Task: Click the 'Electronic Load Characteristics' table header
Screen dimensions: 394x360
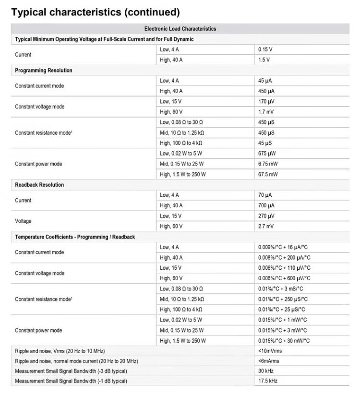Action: click(x=180, y=29)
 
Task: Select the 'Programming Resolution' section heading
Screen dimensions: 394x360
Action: click(x=44, y=71)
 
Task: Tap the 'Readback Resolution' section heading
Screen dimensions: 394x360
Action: click(x=39, y=185)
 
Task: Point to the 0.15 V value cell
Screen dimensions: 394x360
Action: click(x=265, y=49)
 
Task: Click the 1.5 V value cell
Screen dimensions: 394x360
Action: click(x=264, y=60)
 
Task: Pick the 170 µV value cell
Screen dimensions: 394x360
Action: click(x=266, y=102)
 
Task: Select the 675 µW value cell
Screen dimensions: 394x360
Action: click(x=267, y=154)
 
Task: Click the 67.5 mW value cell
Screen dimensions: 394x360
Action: click(x=268, y=174)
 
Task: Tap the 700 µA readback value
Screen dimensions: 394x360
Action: click(x=266, y=205)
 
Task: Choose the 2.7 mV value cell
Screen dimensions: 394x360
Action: click(x=266, y=226)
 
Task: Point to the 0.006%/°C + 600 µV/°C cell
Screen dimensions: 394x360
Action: click(x=284, y=278)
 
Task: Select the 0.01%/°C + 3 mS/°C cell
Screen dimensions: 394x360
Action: click(x=281, y=289)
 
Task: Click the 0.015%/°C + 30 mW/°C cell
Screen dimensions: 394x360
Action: click(x=284, y=341)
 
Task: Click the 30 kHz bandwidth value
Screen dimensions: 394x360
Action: click(x=265, y=371)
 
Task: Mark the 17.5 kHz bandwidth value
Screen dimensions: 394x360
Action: click(x=267, y=381)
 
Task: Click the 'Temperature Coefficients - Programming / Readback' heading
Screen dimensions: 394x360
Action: click(x=75, y=237)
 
